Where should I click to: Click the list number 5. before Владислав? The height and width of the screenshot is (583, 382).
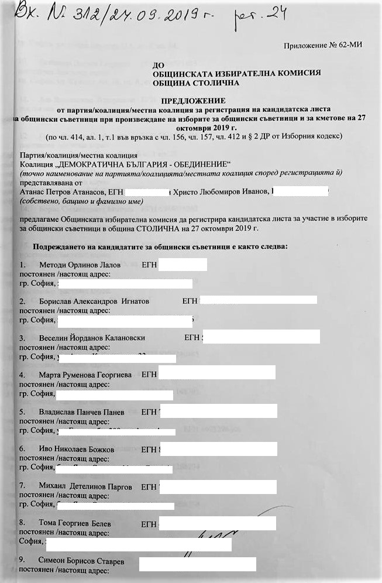tap(22, 412)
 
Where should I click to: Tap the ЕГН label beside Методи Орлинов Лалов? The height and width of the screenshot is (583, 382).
tap(150, 266)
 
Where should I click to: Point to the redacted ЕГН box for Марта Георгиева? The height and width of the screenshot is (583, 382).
tap(217, 374)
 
